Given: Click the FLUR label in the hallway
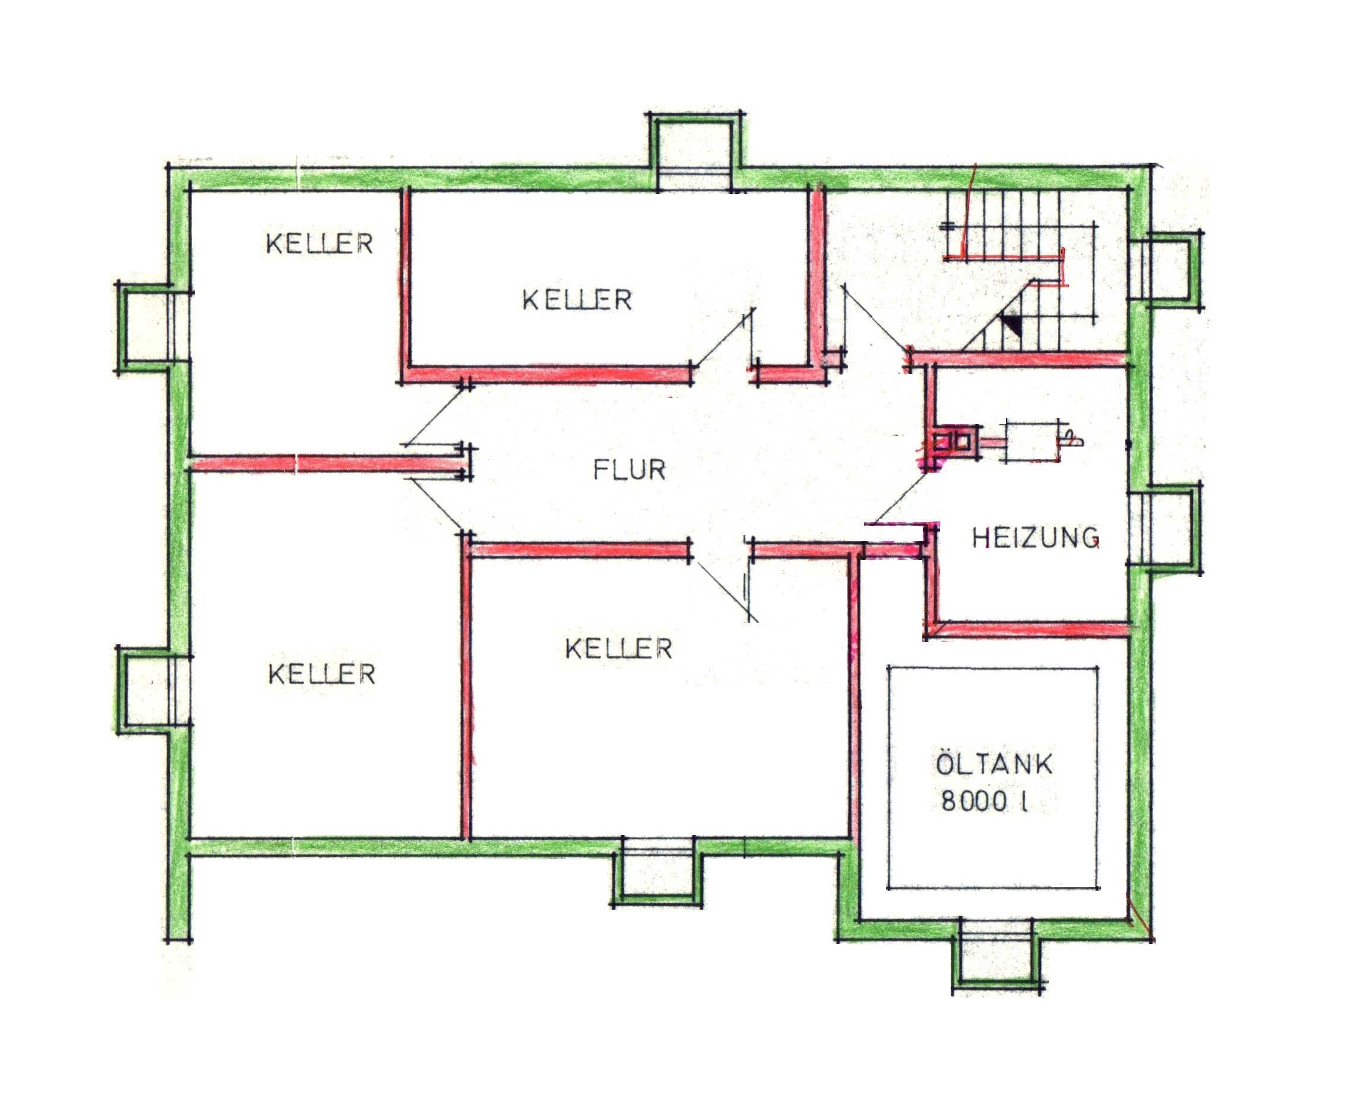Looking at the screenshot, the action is [629, 470].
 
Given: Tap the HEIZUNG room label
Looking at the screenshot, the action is [1036, 538].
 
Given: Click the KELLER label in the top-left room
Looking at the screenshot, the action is [319, 244].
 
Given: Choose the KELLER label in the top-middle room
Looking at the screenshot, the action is [577, 300].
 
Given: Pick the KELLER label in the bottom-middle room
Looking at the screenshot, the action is [619, 648].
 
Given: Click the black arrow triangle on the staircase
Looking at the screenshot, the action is [1012, 324].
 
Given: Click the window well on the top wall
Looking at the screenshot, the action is [694, 151].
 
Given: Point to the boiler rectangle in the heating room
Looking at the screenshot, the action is [1033, 441].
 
